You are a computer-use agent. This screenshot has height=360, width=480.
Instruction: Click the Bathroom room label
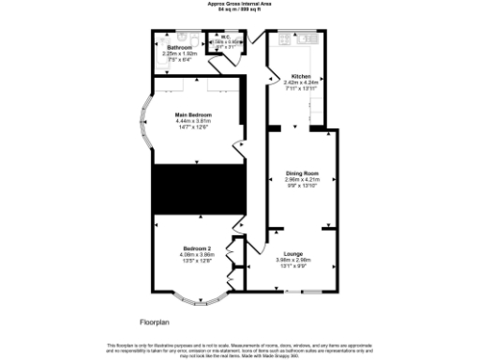pos(179,48)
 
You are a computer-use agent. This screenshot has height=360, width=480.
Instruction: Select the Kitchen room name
pos(301,76)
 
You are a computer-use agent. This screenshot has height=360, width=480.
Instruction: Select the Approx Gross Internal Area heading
pos(240,4)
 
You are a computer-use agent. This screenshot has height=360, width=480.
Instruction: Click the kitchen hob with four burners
pos(306,40)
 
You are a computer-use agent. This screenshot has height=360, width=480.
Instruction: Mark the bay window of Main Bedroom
pos(142,122)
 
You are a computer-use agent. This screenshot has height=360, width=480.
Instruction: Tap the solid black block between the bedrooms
pos(198,189)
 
